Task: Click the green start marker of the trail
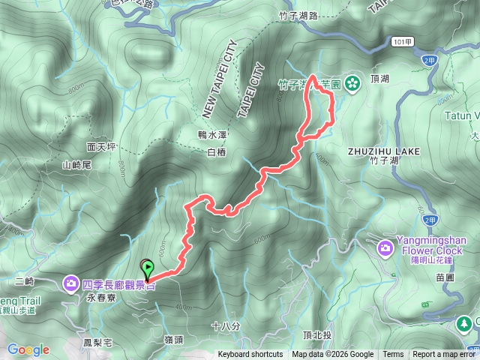tap(148, 268)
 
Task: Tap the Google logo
tap(28, 349)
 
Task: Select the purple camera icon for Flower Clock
tap(385, 247)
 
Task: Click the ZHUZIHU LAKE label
tap(376, 151)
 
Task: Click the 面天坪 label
tap(101, 147)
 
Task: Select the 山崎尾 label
tap(76, 164)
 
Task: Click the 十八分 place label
tap(226, 326)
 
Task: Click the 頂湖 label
tap(379, 78)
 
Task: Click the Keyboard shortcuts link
tap(250, 355)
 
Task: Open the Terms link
tap(393, 355)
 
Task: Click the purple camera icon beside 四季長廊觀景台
tap(70, 283)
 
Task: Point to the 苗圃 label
tap(444, 277)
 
